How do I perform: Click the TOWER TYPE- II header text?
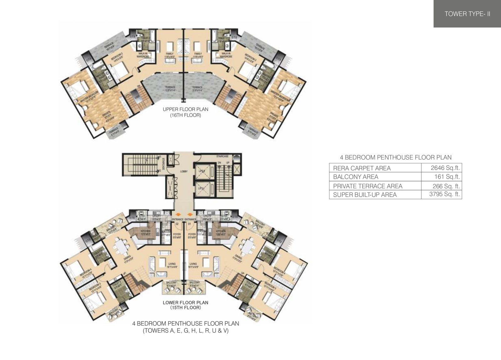467,14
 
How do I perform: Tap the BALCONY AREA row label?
355,177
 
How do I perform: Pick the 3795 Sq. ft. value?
445,194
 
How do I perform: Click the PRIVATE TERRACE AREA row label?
367,186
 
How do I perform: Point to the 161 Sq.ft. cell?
448,177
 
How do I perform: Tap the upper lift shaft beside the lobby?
204,172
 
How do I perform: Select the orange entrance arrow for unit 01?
190,215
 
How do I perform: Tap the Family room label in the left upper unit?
170,54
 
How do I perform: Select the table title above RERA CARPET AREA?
396,158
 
